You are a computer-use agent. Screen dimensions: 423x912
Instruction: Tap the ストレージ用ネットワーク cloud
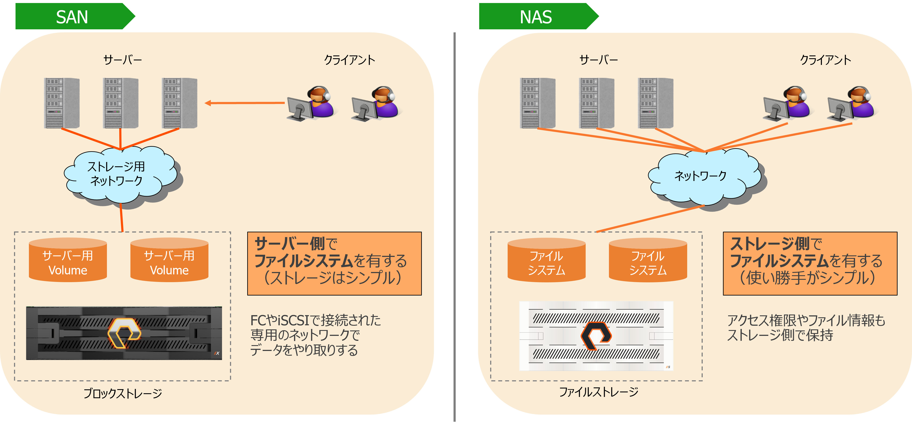117,174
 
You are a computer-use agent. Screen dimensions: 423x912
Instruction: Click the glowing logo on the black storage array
124,333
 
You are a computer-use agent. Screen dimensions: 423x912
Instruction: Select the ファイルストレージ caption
598,392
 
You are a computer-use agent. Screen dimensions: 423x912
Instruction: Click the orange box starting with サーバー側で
334,264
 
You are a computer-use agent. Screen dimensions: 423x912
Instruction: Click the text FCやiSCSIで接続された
315,320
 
